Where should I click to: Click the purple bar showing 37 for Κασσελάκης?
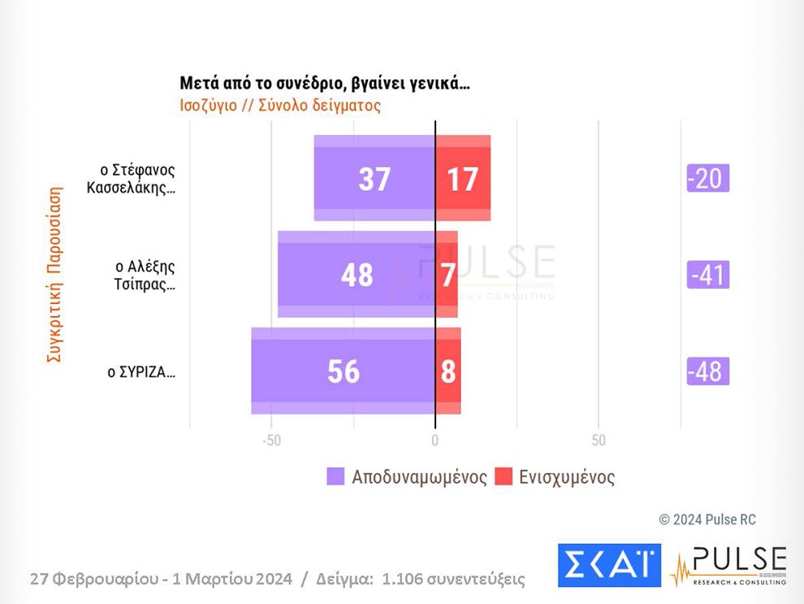pos(374,178)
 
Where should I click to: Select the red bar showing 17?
pos(463,178)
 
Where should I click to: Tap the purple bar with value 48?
pos(357,274)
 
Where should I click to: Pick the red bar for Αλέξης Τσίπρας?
pos(447,274)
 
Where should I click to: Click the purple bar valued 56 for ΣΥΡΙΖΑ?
pos(343,371)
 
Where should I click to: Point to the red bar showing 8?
pos(448,371)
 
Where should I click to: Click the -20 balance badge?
pos(707,178)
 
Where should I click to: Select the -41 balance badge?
pos(707,275)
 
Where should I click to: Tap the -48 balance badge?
pos(707,371)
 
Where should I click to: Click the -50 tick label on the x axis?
pos(270,441)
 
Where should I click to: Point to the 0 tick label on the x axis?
pos(435,441)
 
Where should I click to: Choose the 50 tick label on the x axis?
pos(599,441)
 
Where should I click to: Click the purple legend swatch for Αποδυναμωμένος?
pos(335,476)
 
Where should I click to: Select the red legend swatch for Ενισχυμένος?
pos(504,476)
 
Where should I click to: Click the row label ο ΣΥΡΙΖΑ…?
pos(141,372)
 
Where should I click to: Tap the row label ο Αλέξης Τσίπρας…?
pos(145,275)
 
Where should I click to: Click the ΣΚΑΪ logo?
pos(609,565)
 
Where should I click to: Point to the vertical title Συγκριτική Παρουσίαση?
pos(54,276)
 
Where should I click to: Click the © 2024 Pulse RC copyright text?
pos(707,519)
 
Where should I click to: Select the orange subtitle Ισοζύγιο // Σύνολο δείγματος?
pos(280,105)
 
